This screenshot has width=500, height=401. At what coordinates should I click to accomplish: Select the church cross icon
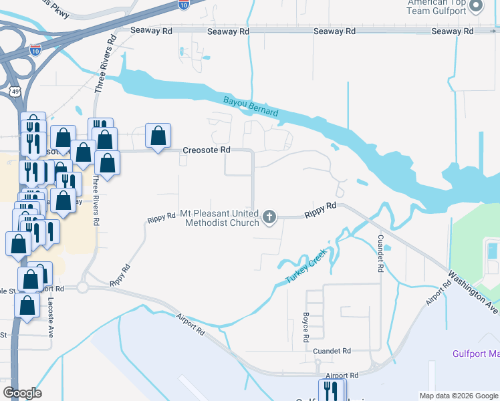click(269, 216)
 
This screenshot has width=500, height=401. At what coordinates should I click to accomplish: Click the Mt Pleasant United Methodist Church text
click(219, 219)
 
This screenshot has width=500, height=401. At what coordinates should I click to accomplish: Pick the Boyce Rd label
click(305, 323)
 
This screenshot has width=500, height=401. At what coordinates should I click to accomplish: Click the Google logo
click(22, 393)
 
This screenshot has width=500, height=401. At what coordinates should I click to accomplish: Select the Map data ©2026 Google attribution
click(458, 396)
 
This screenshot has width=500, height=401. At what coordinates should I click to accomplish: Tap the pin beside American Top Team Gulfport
click(476, 6)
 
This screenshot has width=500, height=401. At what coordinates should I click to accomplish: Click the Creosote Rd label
click(206, 150)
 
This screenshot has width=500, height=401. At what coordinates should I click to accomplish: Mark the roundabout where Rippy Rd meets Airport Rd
click(82, 287)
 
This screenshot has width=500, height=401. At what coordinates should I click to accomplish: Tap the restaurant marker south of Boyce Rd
click(332, 390)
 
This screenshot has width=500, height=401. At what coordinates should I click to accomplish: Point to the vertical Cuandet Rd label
click(380, 253)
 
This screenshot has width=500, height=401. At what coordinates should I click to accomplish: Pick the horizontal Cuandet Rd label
click(332, 351)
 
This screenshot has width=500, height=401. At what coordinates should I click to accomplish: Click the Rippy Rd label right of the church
click(320, 211)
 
